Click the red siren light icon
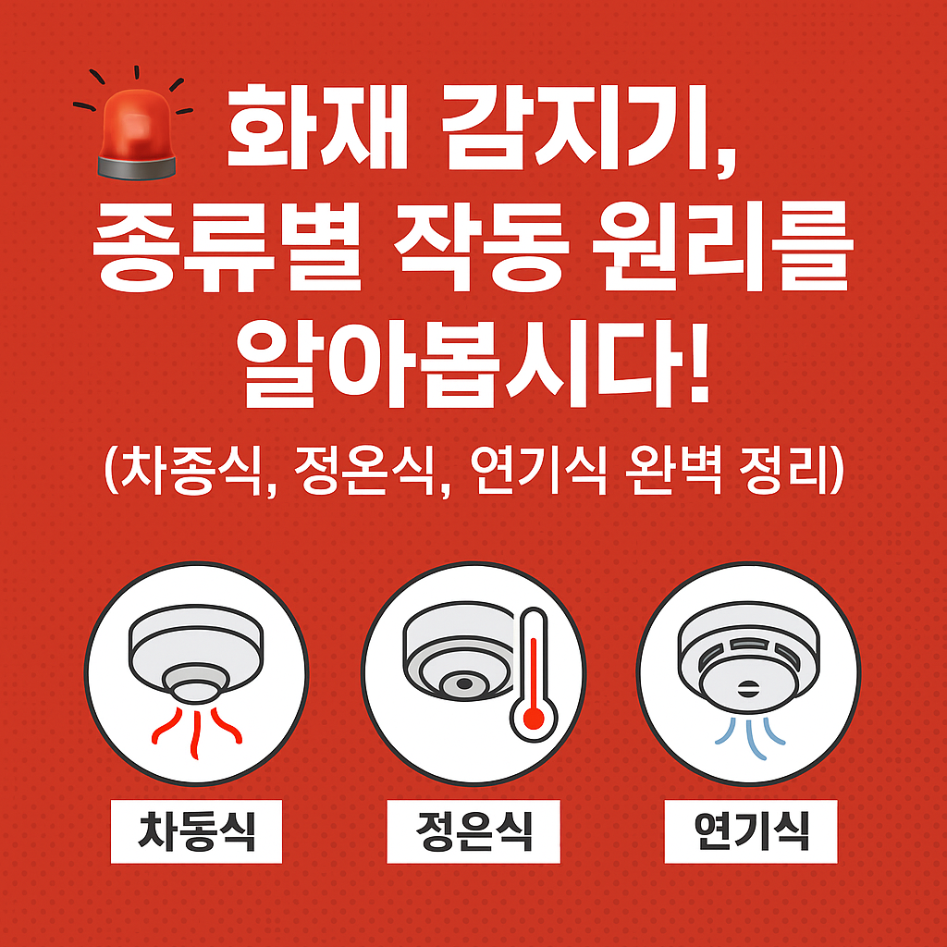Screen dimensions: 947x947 point(135,129)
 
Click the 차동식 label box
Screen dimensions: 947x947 point(196,830)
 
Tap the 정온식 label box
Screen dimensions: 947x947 point(473,830)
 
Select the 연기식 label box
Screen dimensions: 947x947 point(750,830)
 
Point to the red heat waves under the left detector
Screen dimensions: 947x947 point(196,725)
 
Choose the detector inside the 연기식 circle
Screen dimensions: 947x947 point(748,657)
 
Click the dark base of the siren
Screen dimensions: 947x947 point(135,166)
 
